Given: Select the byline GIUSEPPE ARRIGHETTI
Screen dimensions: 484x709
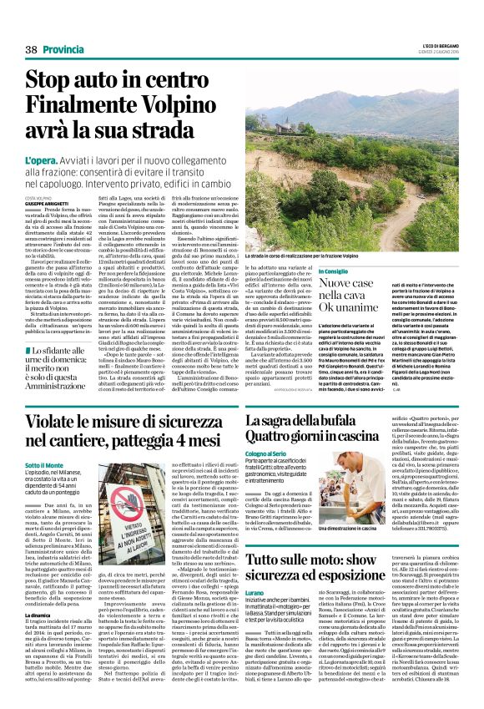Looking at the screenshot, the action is coord(47,204).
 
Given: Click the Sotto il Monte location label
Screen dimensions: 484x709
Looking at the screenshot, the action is coord(44,465).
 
